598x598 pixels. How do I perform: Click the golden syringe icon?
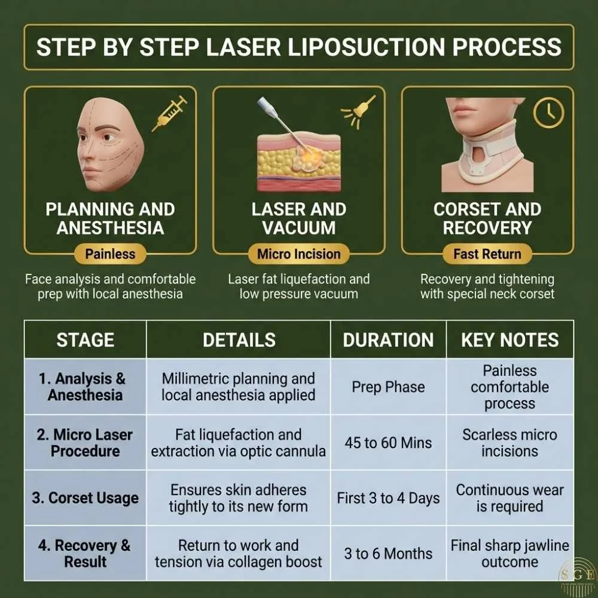pos(169,114)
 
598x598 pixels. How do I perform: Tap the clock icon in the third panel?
pos(548,112)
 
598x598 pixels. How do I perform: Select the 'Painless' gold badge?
pos(110,254)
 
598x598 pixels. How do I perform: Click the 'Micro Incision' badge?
pos(299,254)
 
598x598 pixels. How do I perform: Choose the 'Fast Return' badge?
pos(487,254)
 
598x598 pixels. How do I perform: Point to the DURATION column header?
pos(388,340)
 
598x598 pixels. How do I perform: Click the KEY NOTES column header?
pos(509,340)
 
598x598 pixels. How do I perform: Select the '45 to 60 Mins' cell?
pos(388,443)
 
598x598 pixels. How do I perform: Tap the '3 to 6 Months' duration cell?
pos(388,553)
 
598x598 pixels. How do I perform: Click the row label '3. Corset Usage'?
pos(85,498)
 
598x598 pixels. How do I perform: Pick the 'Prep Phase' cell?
pos(388,387)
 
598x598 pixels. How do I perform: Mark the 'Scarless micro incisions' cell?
pos(509,443)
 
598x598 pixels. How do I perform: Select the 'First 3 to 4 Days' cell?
pos(388,498)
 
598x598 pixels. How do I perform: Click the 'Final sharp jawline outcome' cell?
pos(509,553)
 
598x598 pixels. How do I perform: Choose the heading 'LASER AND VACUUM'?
pos(299,218)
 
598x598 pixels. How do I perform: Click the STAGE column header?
pos(85,340)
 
